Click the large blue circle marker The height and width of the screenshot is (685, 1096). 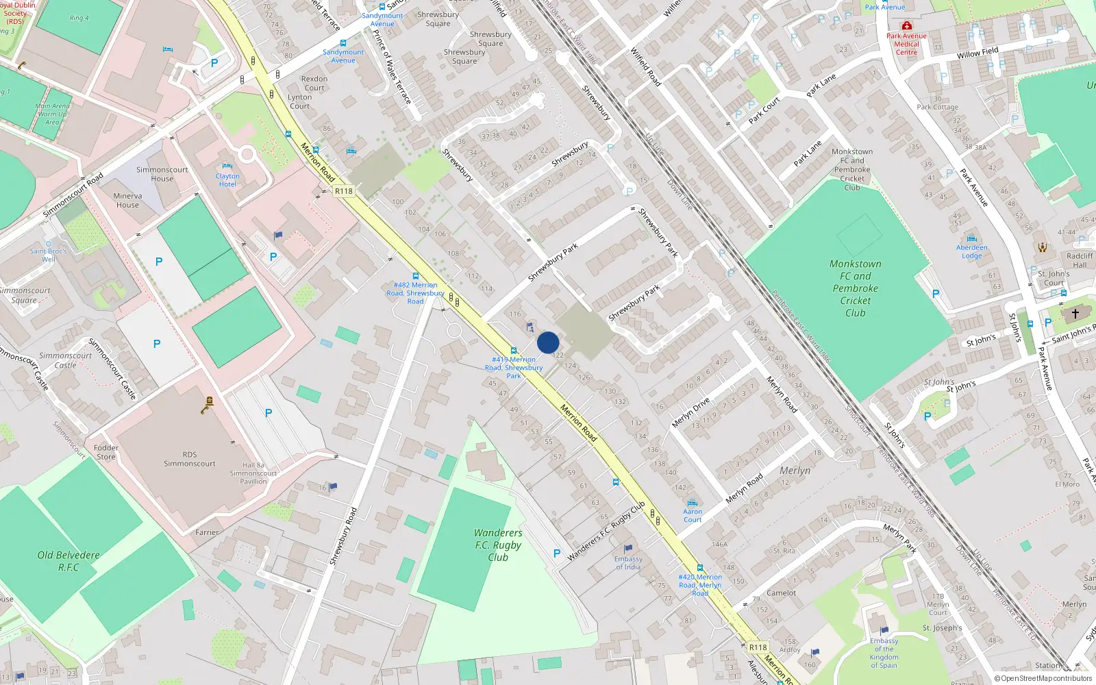(x=548, y=342)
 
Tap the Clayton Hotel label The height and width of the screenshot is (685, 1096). (x=227, y=180)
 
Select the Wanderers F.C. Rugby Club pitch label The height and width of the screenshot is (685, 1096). (x=498, y=545)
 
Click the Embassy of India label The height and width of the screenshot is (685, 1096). (x=627, y=562)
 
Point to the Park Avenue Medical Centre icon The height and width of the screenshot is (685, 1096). (x=906, y=25)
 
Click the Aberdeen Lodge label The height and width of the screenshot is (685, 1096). (x=971, y=251)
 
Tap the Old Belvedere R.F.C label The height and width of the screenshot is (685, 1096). (x=68, y=561)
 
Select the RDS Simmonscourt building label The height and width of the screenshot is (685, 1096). (x=190, y=459)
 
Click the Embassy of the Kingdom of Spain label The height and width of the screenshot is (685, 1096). (x=884, y=653)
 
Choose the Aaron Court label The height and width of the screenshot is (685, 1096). (x=693, y=515)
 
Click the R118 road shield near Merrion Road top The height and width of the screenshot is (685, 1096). (x=344, y=191)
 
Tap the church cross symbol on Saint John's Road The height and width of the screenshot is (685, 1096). (x=1075, y=314)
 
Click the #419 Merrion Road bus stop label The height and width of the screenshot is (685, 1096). (x=514, y=367)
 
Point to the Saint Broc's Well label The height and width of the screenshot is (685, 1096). (x=48, y=255)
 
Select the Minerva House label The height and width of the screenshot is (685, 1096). (x=127, y=200)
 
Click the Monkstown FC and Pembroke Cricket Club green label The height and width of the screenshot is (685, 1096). (x=855, y=288)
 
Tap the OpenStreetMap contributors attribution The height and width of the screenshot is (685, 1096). (x=1043, y=678)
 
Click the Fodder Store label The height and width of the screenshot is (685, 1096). (x=105, y=452)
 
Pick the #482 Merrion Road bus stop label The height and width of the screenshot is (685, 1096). (x=415, y=292)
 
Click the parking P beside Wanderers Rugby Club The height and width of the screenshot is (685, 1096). (x=557, y=553)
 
